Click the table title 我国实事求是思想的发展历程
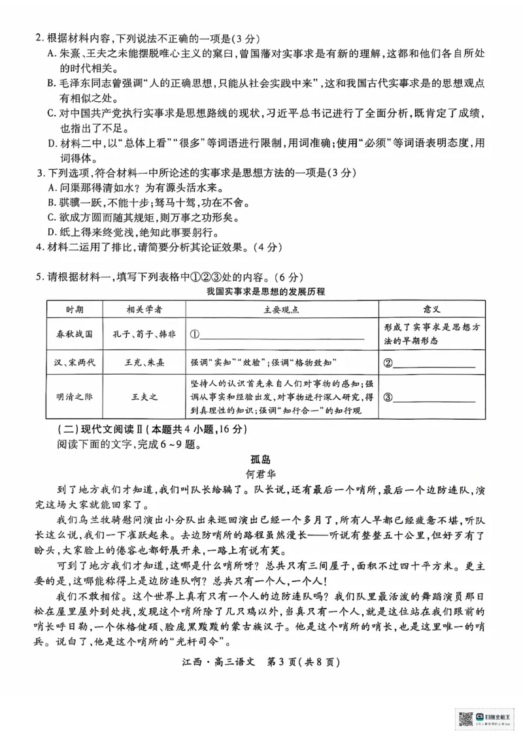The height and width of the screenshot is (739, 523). coord(265,291)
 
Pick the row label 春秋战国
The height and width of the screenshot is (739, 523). coord(74,334)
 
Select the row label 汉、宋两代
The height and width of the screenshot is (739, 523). coord(74,361)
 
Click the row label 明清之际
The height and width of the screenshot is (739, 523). coord(74,396)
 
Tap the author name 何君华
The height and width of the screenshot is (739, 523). coord(261,475)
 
